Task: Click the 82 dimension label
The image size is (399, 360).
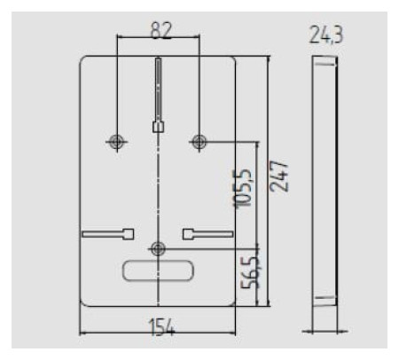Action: [x=161, y=29]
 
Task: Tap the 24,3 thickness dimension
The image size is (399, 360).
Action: [x=326, y=35]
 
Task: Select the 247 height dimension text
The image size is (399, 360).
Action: [x=278, y=176]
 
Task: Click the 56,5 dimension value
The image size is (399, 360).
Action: [x=250, y=273]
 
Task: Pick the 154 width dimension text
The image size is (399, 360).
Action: [x=162, y=327]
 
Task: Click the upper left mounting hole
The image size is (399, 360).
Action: [x=117, y=142]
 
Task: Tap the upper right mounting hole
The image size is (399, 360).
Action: [x=199, y=142]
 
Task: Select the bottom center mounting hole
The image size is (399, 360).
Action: [x=159, y=249]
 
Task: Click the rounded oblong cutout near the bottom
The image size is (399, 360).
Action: [x=158, y=270]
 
